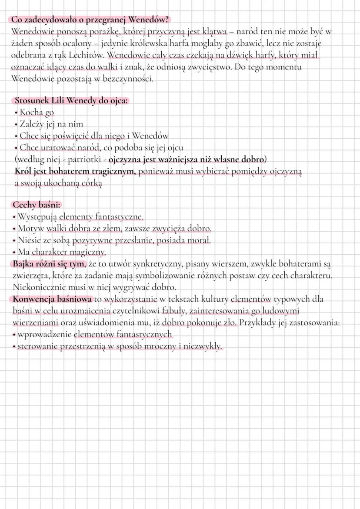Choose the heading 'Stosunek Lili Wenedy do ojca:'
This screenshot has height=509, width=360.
click(71, 100)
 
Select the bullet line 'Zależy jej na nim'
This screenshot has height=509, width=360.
click(51, 124)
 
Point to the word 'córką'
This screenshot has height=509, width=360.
click(90, 183)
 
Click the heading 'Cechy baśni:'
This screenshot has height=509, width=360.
click(37, 205)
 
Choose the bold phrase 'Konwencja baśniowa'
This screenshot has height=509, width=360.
click(52, 299)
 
